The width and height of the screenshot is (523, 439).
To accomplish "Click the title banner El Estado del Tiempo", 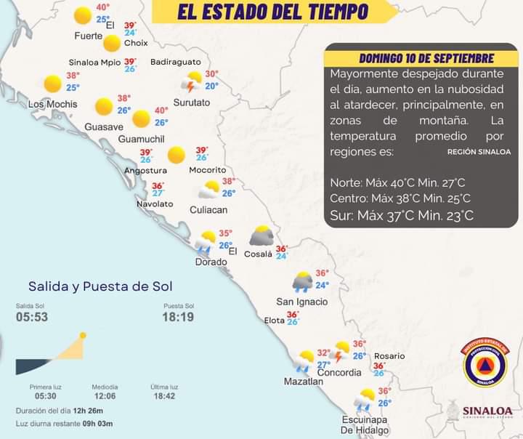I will [x=272, y=12].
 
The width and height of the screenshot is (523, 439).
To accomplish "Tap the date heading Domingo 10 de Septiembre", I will [x=427, y=58].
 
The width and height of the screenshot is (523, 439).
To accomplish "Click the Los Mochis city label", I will [x=52, y=104].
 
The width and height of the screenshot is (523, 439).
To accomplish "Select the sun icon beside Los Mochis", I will [x=52, y=84].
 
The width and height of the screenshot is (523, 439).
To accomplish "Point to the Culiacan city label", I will [x=208, y=209].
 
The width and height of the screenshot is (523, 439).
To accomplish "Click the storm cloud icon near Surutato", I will [x=194, y=81].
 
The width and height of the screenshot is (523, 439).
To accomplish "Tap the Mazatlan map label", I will [x=303, y=381].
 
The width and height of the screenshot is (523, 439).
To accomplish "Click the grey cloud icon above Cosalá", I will [x=261, y=236].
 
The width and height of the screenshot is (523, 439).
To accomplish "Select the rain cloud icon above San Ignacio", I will [x=302, y=281].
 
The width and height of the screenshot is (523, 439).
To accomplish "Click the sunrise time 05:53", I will [x=31, y=318].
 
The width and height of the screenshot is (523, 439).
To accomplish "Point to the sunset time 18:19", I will [x=178, y=318].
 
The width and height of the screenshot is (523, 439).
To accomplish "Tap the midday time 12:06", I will [x=105, y=397].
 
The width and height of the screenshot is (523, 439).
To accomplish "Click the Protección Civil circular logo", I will [x=485, y=363].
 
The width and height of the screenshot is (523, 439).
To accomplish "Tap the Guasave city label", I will [x=104, y=126].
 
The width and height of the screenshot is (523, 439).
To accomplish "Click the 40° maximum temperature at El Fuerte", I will [x=103, y=8].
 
